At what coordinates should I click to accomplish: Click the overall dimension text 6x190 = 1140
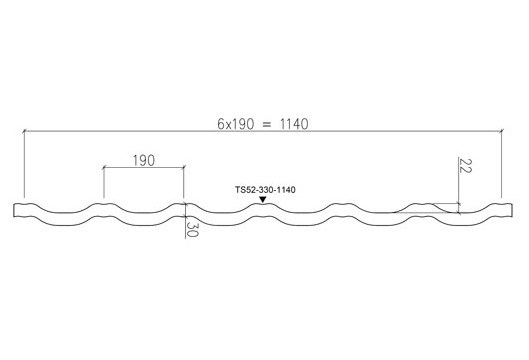tap(262, 124)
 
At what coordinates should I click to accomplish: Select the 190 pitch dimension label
tap(144, 161)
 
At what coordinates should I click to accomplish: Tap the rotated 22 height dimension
tap(465, 166)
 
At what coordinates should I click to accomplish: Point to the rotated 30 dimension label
tap(191, 229)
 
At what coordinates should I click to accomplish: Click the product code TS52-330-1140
tap(265, 190)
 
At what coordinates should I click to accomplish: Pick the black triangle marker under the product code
tap(262, 200)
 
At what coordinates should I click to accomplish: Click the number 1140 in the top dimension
tap(294, 124)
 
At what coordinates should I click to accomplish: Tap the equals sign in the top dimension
tap(267, 125)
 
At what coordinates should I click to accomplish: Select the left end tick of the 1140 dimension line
tap(24, 131)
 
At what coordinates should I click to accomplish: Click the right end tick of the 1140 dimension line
tap(502, 131)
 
